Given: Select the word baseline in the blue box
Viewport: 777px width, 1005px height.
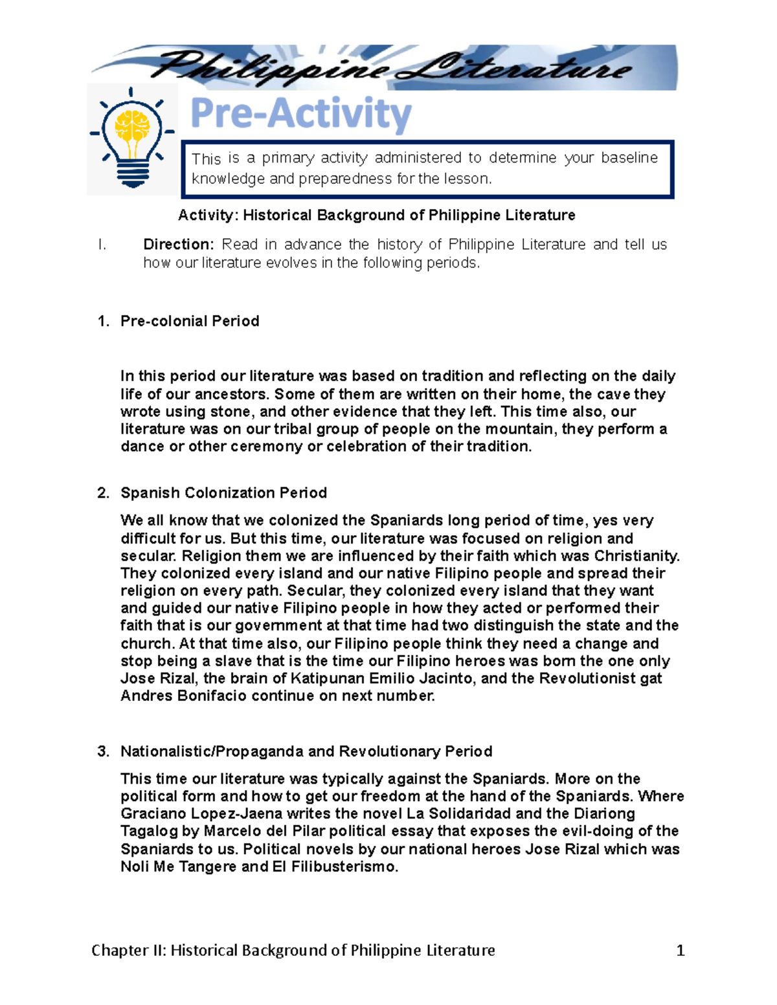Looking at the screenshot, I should pyautogui.click(x=629, y=158).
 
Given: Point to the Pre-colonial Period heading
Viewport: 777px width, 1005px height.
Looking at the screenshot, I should pyautogui.click(x=190, y=321).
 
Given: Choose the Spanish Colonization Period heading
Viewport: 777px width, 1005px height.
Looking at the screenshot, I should pyautogui.click(x=223, y=493).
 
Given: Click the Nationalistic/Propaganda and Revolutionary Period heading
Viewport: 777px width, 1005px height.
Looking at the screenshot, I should pyautogui.click(x=306, y=751).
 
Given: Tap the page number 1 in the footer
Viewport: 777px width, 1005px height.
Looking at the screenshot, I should pyautogui.click(x=680, y=950).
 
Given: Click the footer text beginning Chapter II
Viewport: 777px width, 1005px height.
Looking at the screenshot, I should pyautogui.click(x=293, y=950).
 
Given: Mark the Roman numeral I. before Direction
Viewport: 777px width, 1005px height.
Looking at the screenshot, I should pyautogui.click(x=100, y=245).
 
